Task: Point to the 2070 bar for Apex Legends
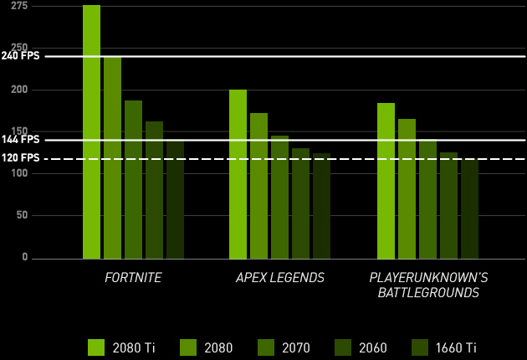(x=279, y=197)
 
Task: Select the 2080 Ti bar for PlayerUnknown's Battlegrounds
(x=386, y=181)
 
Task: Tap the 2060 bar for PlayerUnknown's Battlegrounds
(x=448, y=205)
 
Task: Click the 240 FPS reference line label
(x=20, y=56)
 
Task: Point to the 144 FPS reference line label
(x=20, y=140)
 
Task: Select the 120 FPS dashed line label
(x=20, y=158)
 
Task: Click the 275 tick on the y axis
(x=18, y=7)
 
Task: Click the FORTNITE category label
(x=133, y=277)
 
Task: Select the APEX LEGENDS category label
(x=279, y=277)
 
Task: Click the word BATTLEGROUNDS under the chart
(x=427, y=292)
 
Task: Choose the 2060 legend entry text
(x=372, y=347)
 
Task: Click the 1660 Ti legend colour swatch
(x=420, y=347)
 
